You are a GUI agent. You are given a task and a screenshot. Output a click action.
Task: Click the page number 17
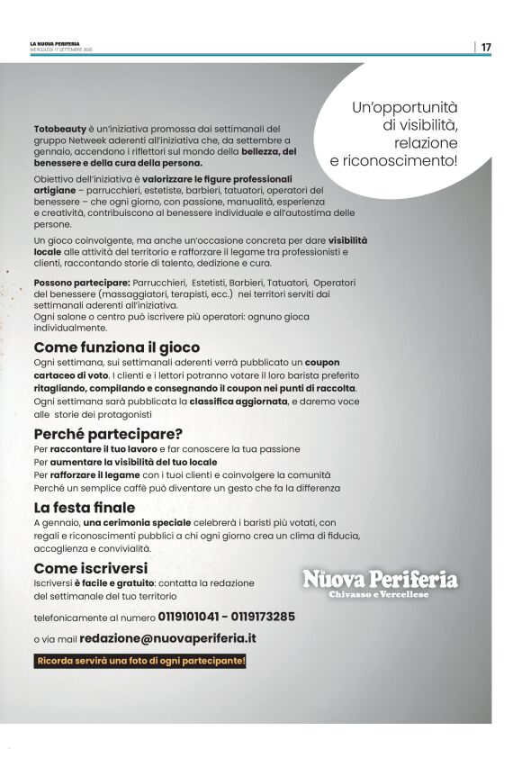coord(486,47)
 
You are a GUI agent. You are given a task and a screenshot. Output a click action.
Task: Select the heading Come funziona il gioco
coord(117,347)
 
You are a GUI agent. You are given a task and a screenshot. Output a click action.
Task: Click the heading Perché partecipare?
coord(108,433)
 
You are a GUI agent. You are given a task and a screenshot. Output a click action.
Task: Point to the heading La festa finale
coord(85,508)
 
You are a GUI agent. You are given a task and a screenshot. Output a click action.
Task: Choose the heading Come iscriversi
coord(90,568)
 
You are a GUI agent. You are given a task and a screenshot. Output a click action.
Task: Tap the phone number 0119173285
coord(261,618)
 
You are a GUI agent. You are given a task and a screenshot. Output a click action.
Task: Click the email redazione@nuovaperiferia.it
coord(167,637)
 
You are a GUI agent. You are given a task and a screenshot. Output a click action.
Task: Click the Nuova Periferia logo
coord(379,579)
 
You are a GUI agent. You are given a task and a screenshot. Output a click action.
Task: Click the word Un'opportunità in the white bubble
coord(405,106)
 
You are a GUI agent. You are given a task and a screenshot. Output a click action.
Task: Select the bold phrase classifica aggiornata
coord(238,401)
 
